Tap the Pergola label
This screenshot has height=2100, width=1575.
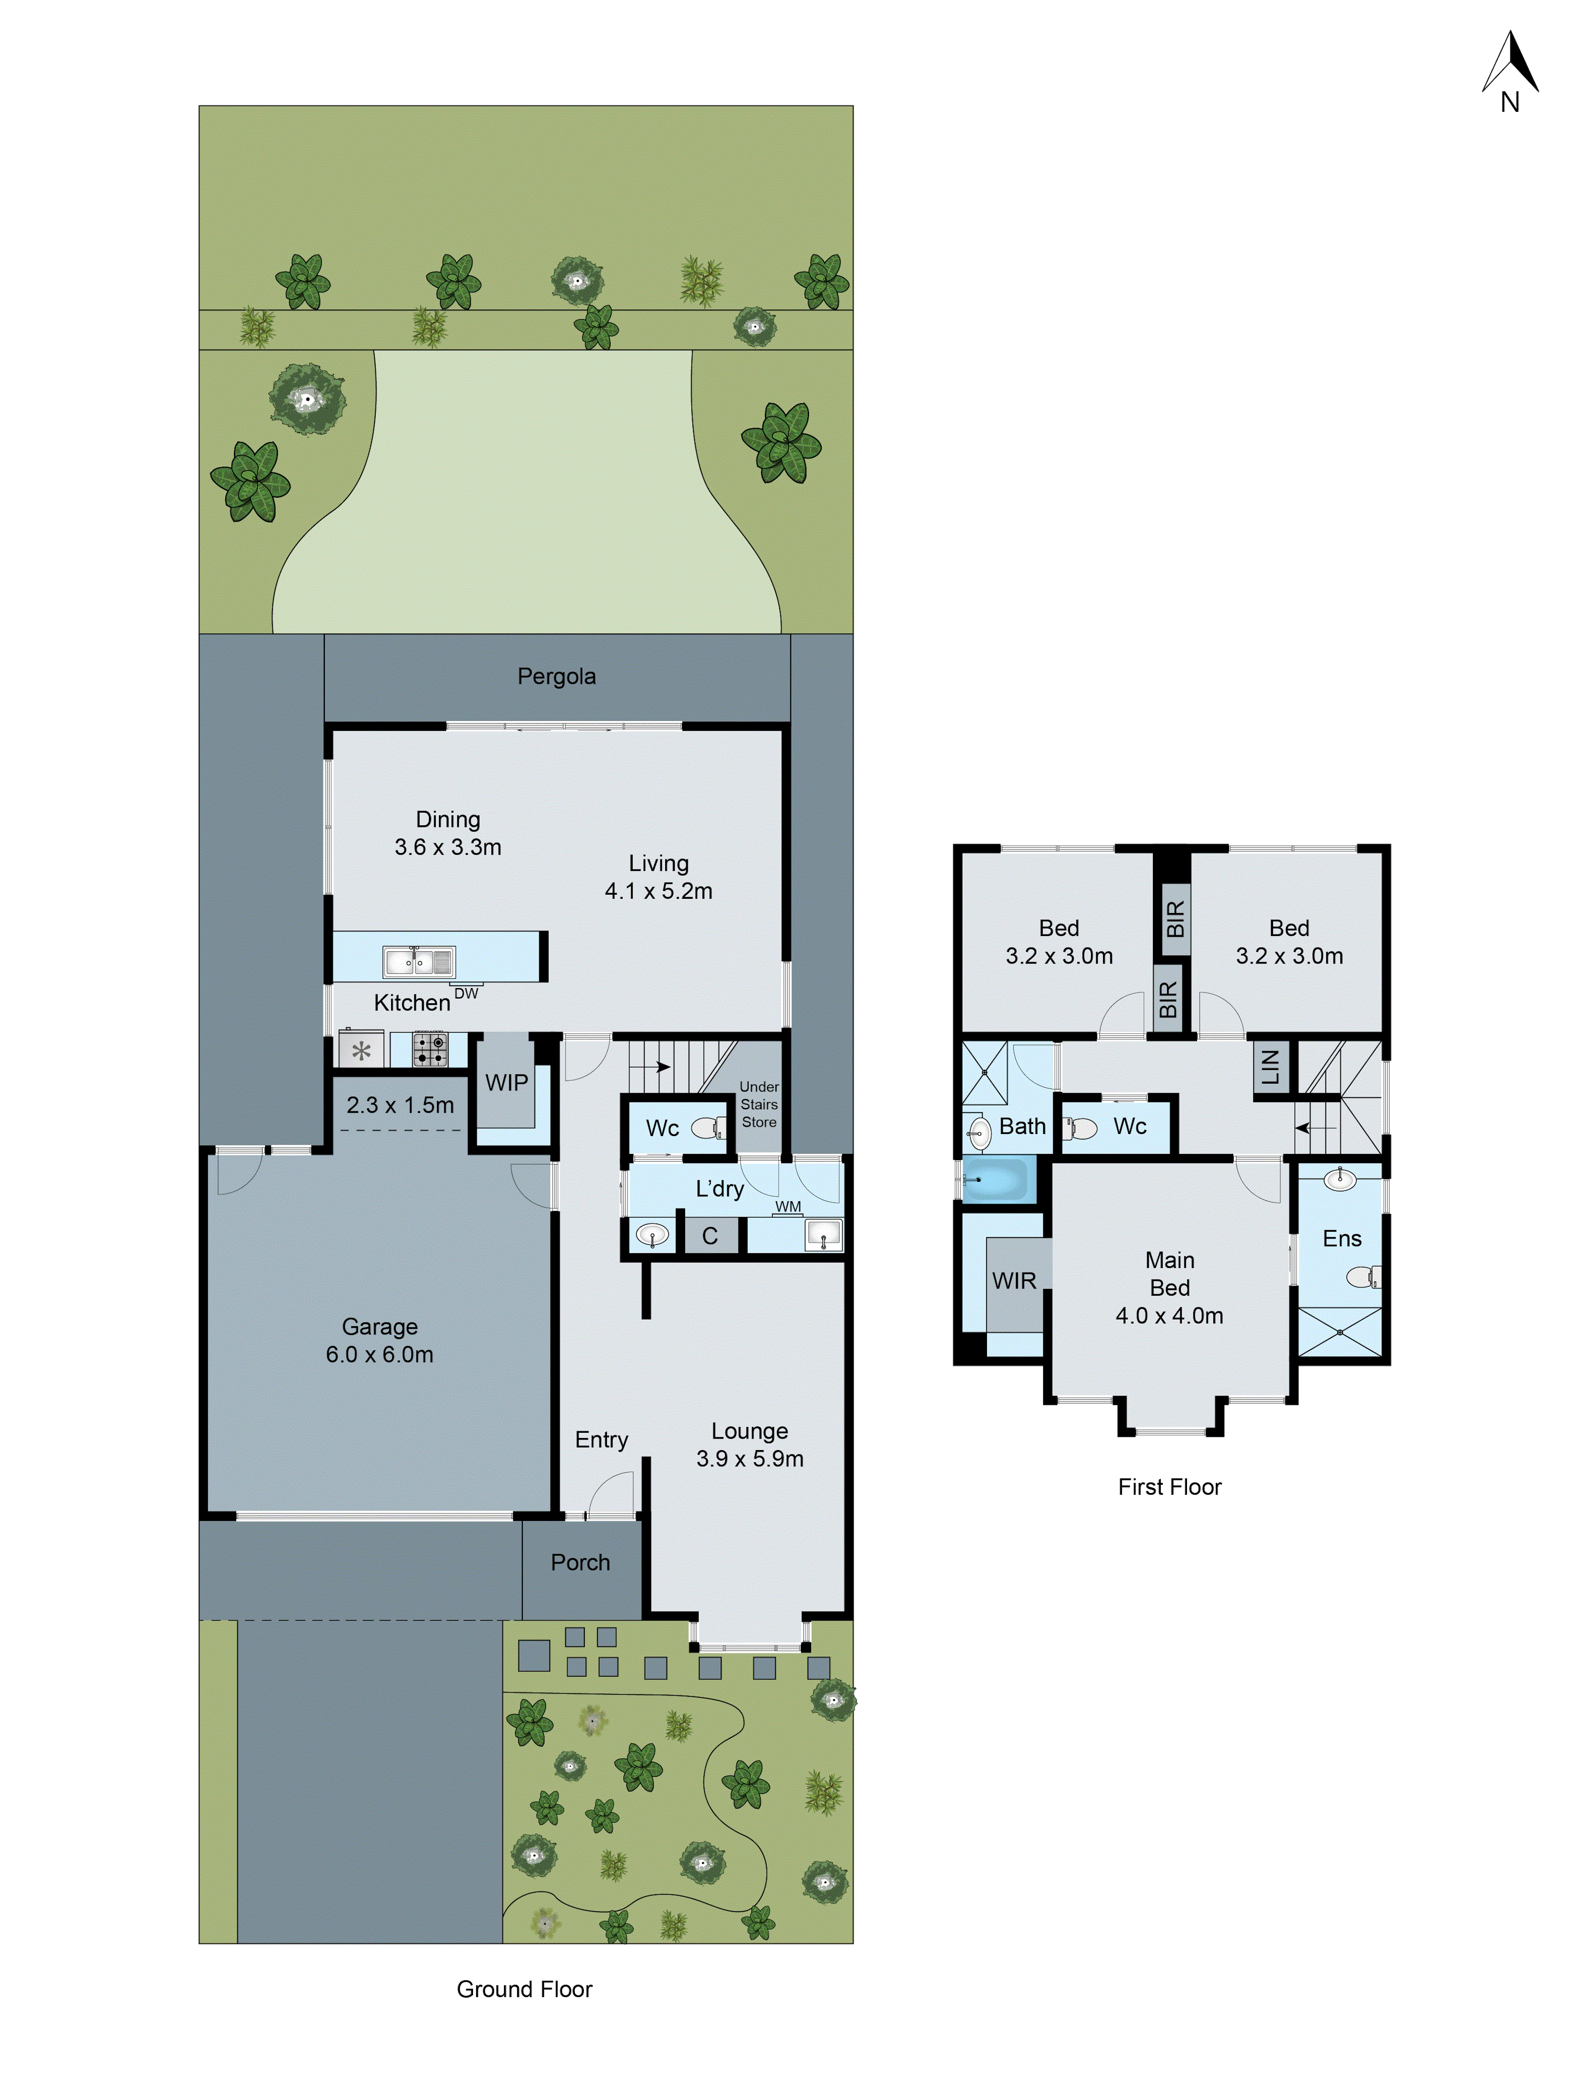556,677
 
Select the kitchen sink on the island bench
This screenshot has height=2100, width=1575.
418,962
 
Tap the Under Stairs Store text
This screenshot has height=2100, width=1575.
759,1104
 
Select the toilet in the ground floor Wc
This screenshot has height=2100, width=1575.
707,1128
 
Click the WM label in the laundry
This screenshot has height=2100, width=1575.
788,1206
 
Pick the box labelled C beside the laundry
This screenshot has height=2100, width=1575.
709,1236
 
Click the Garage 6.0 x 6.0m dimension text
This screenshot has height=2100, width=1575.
380,1354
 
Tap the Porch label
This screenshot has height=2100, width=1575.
580,1562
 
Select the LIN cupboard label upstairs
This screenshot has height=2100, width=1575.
1270,1068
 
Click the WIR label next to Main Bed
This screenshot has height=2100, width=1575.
1014,1280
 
